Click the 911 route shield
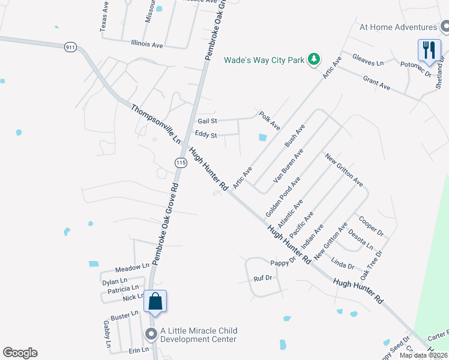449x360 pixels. tap(70, 46)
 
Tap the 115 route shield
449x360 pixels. tap(180, 163)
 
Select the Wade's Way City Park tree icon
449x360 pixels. tap(313, 59)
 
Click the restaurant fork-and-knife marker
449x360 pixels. tap(428, 50)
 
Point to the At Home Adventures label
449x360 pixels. tap(398, 27)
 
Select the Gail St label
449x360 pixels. tap(207, 121)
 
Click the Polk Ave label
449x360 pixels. tap(270, 120)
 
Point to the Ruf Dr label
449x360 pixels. tap(263, 278)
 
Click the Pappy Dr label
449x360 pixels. tap(283, 262)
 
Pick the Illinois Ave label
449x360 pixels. tap(146, 44)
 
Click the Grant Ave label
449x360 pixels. tap(376, 83)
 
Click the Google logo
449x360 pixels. tap(20, 353)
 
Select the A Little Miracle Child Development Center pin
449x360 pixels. tap(150, 334)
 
